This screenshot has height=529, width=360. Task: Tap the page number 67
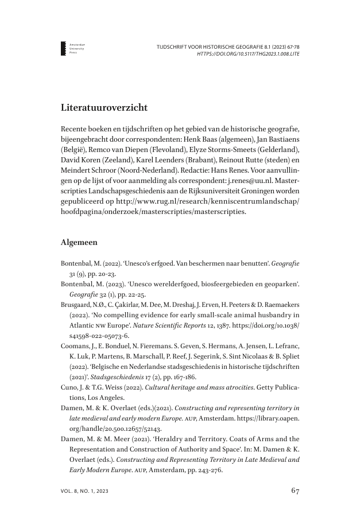[x=295, y=491]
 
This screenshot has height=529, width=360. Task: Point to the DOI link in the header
[x=248, y=53]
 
